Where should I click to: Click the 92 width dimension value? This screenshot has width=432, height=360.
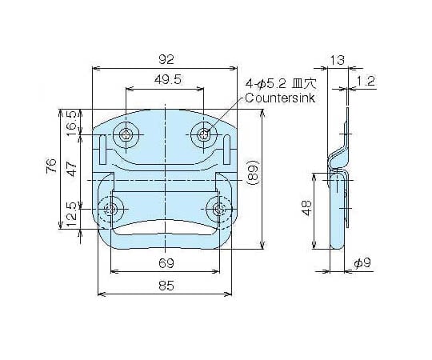click(166, 59)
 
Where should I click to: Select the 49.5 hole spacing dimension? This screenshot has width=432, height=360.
click(168, 80)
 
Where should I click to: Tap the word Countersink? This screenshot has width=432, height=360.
click(280, 98)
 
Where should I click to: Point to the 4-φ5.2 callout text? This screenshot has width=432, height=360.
click(266, 83)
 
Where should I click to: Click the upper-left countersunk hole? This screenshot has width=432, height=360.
click(126, 135)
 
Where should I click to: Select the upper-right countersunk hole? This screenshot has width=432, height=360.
click(204, 134)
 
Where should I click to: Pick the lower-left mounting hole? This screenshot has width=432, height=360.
click(110, 209)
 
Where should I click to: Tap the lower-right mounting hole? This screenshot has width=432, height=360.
click(219, 209)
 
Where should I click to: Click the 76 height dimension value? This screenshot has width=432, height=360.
click(52, 166)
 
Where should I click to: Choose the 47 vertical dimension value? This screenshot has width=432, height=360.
click(72, 169)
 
